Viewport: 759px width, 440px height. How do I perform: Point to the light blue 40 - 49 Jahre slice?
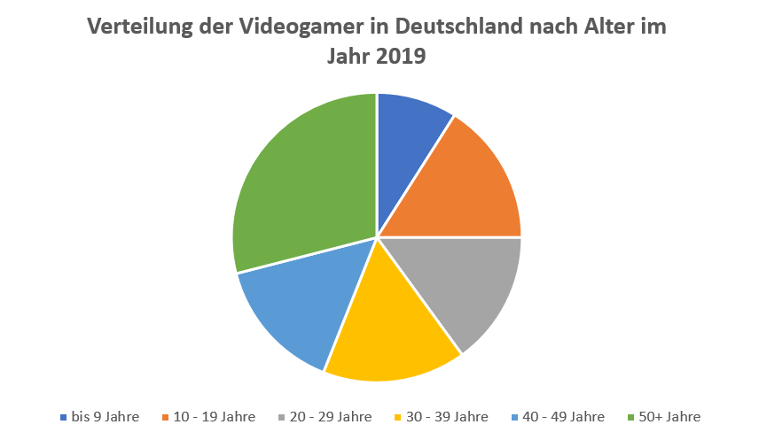[293, 301]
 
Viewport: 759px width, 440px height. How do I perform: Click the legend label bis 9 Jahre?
[105, 416]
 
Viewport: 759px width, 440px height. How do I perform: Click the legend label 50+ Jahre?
[669, 416]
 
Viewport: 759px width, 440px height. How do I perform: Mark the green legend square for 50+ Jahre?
[630, 416]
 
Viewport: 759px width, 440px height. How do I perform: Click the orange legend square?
[167, 416]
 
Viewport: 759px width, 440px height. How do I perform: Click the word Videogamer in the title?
[294, 27]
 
